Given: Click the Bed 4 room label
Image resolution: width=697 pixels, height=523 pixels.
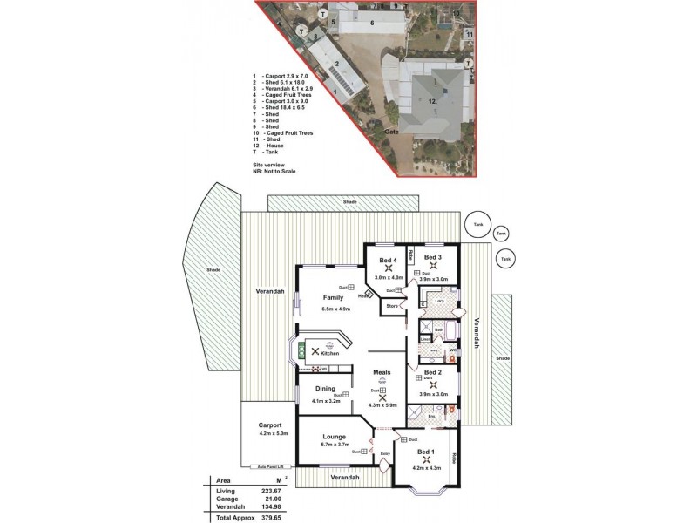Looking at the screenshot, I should [389, 259].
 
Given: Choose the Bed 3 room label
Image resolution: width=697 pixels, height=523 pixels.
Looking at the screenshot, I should [433, 258].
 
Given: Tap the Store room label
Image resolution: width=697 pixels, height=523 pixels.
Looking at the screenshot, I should [392, 306].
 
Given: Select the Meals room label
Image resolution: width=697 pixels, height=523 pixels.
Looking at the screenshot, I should [382, 372].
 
